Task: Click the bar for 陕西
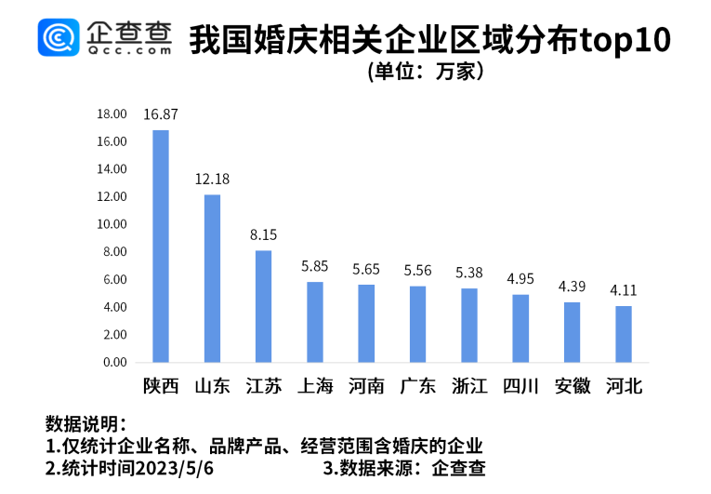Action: click(x=161, y=246)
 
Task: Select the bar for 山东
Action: click(x=212, y=278)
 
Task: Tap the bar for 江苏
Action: click(x=264, y=306)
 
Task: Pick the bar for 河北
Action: click(x=624, y=334)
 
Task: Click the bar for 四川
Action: click(x=520, y=328)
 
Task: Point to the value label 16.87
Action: click(x=161, y=114)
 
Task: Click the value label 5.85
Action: click(x=315, y=266)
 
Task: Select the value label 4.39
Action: click(x=572, y=287)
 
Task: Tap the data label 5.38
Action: click(x=469, y=273)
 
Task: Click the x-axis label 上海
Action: click(x=315, y=386)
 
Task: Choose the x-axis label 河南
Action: click(x=366, y=386)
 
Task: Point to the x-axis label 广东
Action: click(x=418, y=386)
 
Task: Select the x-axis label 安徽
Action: click(x=572, y=386)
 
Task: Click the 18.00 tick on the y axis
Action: click(x=112, y=114)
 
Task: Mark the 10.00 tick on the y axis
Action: click(x=112, y=224)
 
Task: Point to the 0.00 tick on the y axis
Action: click(x=114, y=362)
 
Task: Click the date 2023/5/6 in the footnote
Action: click(x=176, y=469)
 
